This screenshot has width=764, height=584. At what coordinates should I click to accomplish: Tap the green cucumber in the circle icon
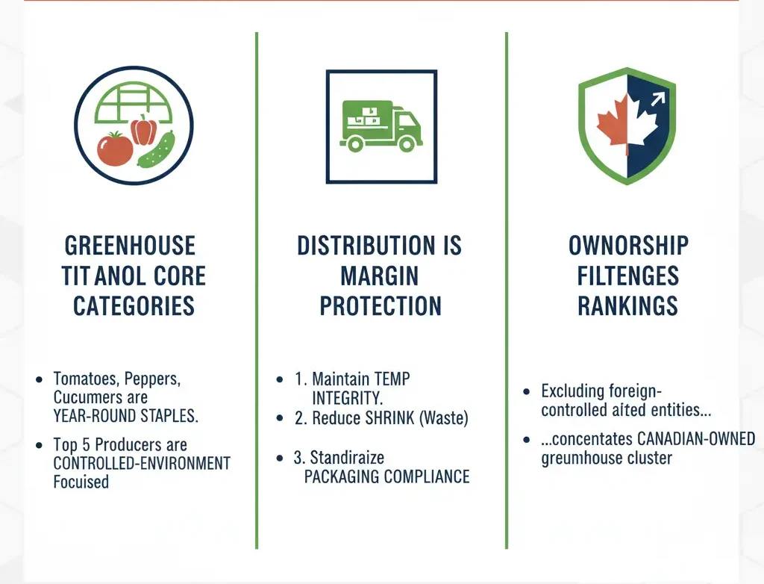click(155, 149)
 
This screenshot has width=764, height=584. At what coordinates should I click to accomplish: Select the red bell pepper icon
click(143, 128)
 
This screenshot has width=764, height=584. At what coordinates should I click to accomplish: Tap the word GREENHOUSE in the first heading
click(130, 246)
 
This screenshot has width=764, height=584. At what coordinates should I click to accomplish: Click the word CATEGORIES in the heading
click(134, 305)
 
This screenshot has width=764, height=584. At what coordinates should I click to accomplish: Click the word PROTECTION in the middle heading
click(381, 305)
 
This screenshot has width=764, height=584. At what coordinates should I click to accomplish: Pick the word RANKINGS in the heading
click(627, 305)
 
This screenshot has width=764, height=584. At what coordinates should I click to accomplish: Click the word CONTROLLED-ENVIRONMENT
click(142, 463)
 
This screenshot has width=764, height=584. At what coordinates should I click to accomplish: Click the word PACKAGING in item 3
click(345, 476)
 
